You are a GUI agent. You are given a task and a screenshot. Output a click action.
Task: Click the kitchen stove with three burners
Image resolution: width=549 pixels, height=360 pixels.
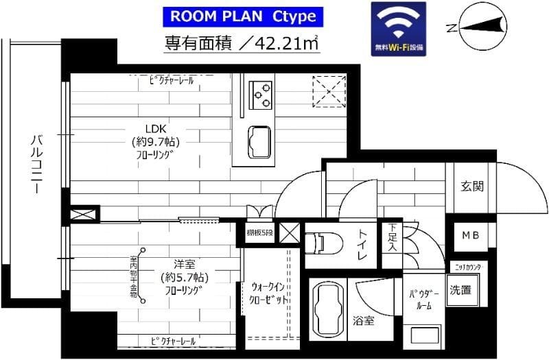tap(261, 95)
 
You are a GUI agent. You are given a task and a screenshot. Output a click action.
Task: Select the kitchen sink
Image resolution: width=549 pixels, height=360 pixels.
tap(259, 141)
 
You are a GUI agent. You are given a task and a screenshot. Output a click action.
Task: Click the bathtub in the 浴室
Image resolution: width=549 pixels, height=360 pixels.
tap(327, 307)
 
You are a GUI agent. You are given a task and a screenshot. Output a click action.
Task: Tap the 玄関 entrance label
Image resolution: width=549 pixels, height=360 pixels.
tap(472, 186)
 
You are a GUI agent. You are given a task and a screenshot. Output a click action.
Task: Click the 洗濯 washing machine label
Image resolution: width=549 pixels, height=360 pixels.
tap(460, 289)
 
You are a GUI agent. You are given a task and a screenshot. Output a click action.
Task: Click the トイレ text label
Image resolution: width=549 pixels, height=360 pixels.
tap(362, 244)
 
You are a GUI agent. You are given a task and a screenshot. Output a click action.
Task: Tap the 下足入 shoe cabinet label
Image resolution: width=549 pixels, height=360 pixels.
tap(392, 237)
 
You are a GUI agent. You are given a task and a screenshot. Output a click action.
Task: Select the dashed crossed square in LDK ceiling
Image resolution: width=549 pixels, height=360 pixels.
tap(329, 91)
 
